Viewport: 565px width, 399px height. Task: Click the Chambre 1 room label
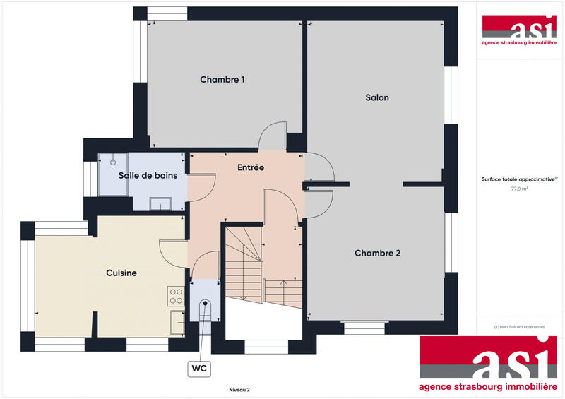222,79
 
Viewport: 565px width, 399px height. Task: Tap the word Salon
377,97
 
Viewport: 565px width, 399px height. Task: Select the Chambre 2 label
377,253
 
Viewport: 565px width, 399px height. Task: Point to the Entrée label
251,167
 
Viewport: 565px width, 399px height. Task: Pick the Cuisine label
121,273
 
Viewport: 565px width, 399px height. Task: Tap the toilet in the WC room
206,309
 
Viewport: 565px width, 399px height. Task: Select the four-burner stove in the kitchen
176,296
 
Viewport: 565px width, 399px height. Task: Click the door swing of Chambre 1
272,136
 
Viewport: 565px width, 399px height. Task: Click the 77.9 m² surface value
520,189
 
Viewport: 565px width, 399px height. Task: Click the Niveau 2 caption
239,389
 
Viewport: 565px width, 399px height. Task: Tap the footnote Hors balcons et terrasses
520,326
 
